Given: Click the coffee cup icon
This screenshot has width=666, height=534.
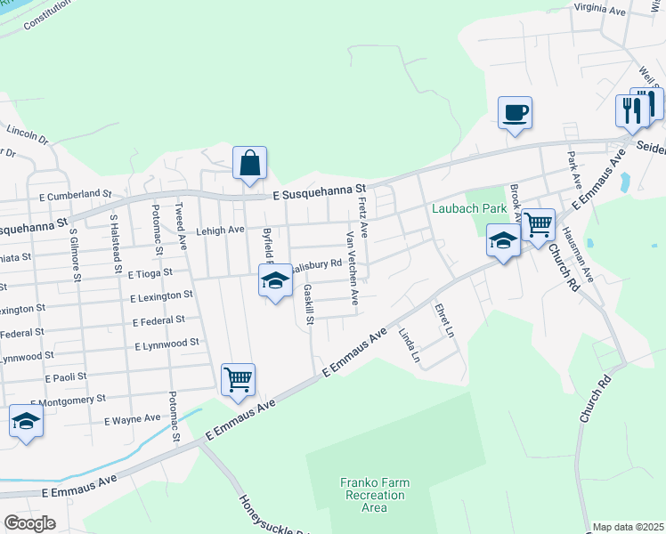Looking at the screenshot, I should pyautogui.click(x=515, y=113).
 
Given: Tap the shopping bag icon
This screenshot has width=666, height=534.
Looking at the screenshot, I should pyautogui.click(x=250, y=163).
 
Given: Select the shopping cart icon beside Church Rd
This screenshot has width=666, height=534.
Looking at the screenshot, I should pyautogui.click(x=538, y=224).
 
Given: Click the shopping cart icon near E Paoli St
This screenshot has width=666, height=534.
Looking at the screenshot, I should pyautogui.click(x=238, y=379).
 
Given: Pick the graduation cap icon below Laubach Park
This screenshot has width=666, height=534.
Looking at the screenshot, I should pyautogui.click(x=503, y=241).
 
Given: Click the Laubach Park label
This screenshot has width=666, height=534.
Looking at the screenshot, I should pyautogui.click(x=468, y=209).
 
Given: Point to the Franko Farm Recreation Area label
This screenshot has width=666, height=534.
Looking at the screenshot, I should pyautogui.click(x=375, y=495).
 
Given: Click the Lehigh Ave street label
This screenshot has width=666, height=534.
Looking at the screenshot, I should pyautogui.click(x=221, y=230).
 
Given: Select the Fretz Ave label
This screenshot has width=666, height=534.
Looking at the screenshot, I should pyautogui.click(x=362, y=216).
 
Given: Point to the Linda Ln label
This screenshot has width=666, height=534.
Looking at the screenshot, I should pyautogui.click(x=409, y=345).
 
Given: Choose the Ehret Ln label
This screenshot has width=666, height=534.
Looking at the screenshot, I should pyautogui.click(x=443, y=320).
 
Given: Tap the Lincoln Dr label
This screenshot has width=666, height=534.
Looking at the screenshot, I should pyautogui.click(x=27, y=133).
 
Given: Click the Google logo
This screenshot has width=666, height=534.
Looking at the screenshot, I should pyautogui.click(x=29, y=523).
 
